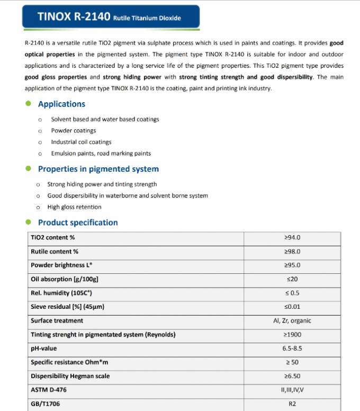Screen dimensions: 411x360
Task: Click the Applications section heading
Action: click(61, 104)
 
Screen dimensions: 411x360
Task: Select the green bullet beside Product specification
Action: click(29, 222)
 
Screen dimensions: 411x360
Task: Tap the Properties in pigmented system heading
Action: click(98, 169)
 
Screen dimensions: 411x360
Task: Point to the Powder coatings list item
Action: click(74, 130)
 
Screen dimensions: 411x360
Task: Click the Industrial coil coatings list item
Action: click(81, 142)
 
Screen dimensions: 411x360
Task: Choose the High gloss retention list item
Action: click(74, 207)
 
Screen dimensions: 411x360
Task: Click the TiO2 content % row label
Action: click(52, 237)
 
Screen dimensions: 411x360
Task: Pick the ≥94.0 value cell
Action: click(292, 237)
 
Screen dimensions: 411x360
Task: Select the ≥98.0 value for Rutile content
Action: click(292, 251)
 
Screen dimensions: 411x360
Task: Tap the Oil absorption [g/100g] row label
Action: click(65, 279)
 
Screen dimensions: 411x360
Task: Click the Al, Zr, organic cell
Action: click(292, 320)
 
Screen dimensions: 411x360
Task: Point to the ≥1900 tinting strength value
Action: click(292, 334)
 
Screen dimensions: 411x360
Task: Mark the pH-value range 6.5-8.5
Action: click(292, 348)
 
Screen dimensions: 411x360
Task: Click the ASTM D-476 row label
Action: click(49, 390)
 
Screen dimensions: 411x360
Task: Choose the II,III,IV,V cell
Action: click(292, 390)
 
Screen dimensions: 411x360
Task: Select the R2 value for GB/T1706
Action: click(292, 404)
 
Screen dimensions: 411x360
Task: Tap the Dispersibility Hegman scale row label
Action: click(70, 376)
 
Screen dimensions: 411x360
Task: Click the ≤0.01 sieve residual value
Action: click(292, 307)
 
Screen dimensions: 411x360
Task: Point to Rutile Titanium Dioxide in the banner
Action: click(147, 18)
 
